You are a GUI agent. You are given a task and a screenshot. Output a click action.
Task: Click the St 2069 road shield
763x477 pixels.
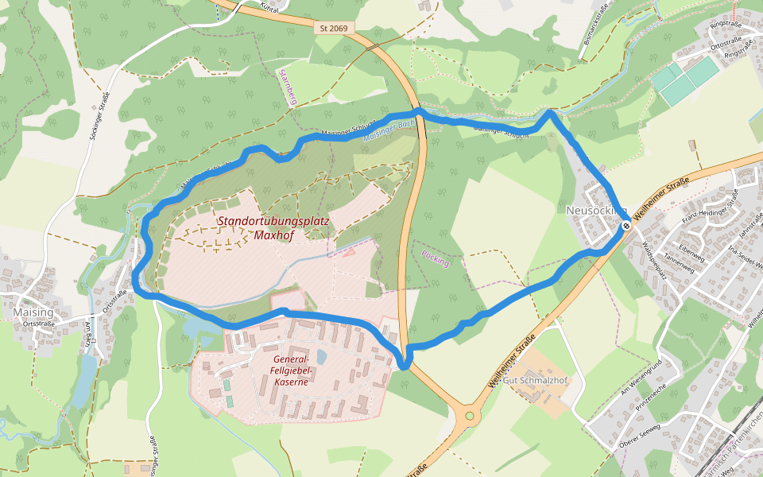pyautogui.click(x=334, y=28)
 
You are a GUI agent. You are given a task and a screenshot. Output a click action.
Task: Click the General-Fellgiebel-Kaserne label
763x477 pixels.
pyautogui.click(x=290, y=370)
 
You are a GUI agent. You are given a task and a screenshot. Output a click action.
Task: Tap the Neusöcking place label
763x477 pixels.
pyautogui.click(x=596, y=211)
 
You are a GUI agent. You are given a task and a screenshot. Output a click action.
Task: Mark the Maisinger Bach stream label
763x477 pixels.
pyautogui.click(x=390, y=130)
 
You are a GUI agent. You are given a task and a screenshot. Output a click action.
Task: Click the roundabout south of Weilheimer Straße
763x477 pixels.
pyautogui.click(x=470, y=414)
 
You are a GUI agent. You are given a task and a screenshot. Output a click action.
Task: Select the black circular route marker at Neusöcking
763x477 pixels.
pyautogui.click(x=626, y=226)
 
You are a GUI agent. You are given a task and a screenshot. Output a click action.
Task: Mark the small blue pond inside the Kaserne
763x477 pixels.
pyautogui.click(x=320, y=356)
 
